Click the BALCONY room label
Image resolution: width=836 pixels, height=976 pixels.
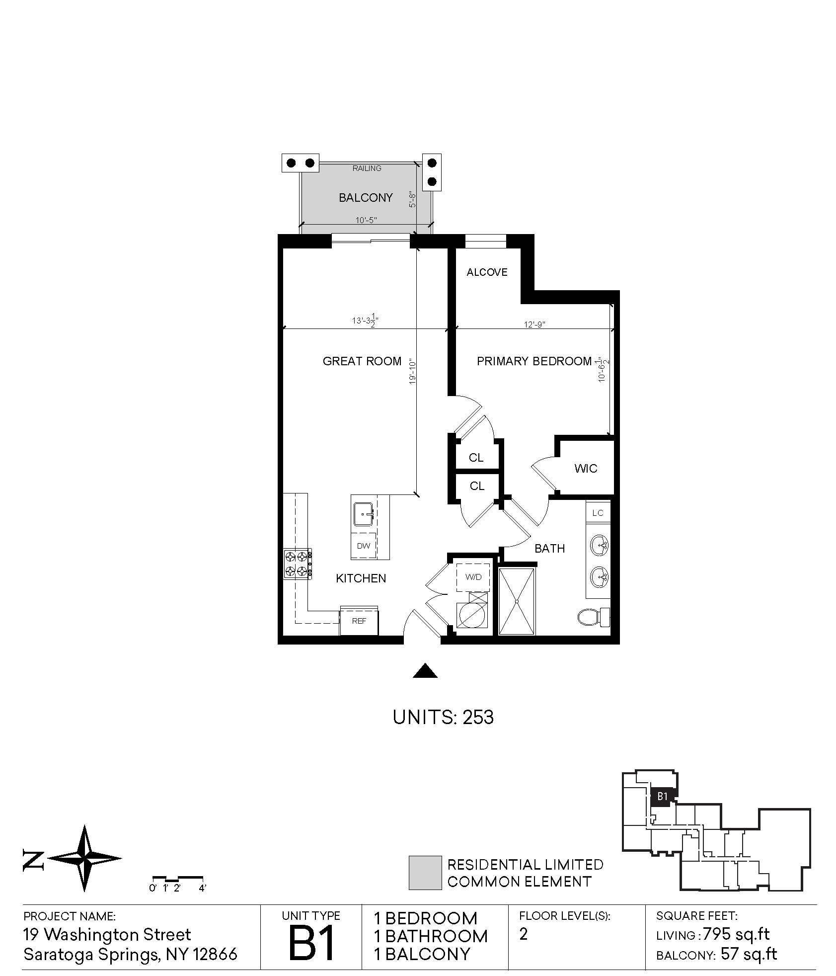(366, 198)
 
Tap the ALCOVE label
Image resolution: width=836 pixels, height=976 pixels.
(487, 272)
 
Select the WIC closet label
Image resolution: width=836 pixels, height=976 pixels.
(586, 468)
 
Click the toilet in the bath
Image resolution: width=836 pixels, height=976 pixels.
(594, 617)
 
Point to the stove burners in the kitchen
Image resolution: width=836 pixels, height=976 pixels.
(298, 564)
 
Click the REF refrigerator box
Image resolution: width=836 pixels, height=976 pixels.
(359, 620)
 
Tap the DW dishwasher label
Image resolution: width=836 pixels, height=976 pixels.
(364, 546)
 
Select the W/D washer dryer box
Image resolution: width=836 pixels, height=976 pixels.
(473, 577)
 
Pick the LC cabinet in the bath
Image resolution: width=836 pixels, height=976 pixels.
(598, 512)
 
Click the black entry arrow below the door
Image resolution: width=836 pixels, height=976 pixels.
(426, 671)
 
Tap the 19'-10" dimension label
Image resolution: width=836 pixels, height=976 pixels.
(412, 372)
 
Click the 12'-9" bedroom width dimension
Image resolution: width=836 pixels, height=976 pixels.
(534, 325)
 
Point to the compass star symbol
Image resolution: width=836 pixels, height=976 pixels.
(85, 858)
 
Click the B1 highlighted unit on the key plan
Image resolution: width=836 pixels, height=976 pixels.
(662, 797)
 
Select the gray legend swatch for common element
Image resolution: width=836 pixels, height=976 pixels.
(425, 873)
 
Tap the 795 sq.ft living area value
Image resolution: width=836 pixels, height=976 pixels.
(736, 935)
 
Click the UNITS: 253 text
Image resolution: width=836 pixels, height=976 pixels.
(443, 717)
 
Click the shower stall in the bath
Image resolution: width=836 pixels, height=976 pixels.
(517, 601)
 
